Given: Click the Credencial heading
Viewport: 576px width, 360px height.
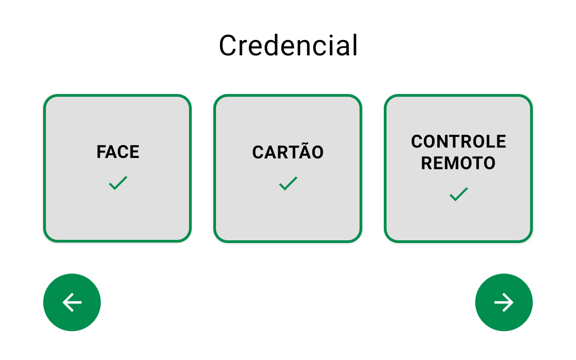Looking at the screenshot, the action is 288,45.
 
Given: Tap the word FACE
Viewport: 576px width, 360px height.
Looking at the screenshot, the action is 118,152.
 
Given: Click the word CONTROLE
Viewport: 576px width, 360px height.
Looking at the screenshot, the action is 459,141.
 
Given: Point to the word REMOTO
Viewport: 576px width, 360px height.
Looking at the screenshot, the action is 458,163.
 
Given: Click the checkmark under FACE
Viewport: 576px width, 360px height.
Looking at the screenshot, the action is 118,183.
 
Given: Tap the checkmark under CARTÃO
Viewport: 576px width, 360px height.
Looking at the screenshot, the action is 288,183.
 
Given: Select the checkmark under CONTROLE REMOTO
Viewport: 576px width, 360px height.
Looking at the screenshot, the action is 459,194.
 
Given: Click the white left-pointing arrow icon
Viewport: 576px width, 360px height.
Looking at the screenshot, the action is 72,302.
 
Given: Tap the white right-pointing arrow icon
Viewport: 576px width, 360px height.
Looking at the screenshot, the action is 504,302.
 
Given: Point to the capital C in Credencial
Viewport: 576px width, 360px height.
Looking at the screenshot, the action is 228,45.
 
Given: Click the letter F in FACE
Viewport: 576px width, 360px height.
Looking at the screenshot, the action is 102,152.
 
